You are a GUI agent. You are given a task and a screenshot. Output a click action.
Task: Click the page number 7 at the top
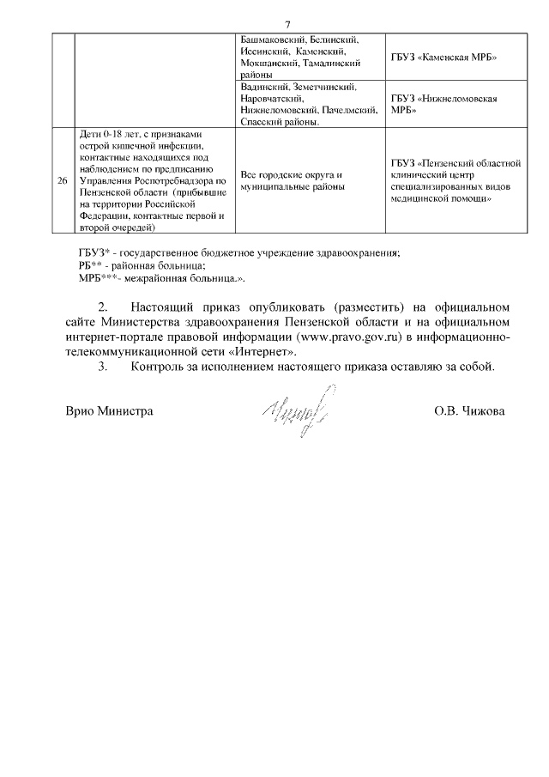[x=287, y=23]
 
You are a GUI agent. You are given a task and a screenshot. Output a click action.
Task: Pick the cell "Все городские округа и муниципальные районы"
[x=292, y=180]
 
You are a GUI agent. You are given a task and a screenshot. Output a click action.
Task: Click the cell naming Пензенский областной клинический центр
[x=455, y=180]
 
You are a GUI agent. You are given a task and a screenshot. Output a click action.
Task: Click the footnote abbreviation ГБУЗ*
[x=92, y=252]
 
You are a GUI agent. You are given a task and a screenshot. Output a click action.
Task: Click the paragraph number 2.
[x=104, y=307]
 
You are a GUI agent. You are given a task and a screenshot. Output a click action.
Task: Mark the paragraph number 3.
[x=104, y=367]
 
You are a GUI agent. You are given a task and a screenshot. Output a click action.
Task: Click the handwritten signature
[x=296, y=410]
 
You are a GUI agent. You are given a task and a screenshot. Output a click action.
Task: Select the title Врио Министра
[x=110, y=411]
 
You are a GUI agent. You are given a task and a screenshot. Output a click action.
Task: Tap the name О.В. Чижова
[x=469, y=411]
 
